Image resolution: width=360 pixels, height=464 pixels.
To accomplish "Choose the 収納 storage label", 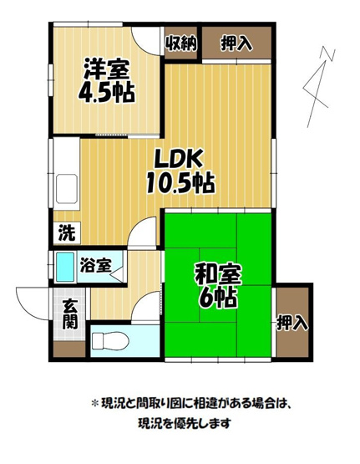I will point(180,43).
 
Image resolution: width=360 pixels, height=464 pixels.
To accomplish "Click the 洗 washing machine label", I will point(64,233).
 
